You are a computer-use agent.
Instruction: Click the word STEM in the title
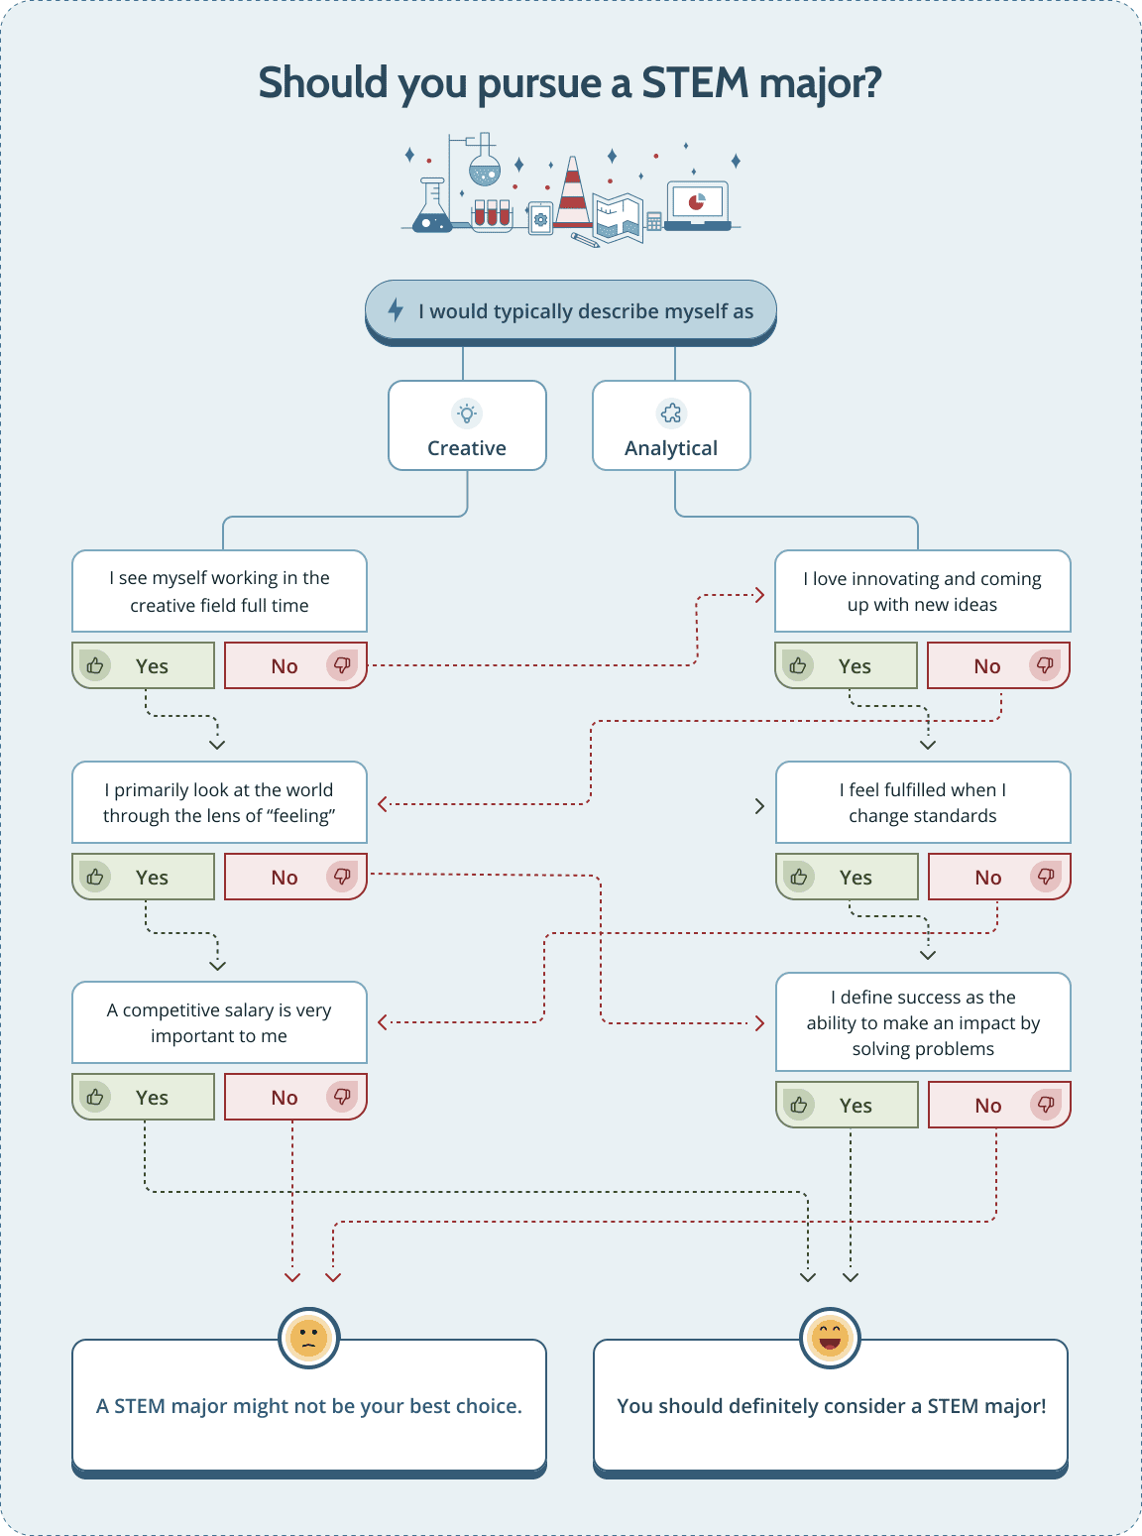[694, 83]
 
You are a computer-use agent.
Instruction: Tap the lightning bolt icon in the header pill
[396, 310]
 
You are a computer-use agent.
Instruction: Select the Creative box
[467, 425]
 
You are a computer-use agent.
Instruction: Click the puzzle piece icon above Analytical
[671, 413]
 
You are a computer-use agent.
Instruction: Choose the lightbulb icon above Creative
[467, 413]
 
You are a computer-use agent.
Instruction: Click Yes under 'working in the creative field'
[144, 665]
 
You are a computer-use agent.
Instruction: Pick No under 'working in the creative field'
[295, 665]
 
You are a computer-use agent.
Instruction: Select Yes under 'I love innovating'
[846, 665]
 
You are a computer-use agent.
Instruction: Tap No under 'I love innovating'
[998, 665]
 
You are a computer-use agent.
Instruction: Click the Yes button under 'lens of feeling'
[144, 877]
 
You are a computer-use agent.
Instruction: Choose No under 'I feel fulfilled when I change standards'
[999, 877]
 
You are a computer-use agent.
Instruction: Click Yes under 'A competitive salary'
[144, 1097]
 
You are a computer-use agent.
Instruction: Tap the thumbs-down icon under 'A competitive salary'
[342, 1097]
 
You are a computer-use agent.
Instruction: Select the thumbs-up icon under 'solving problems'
[799, 1105]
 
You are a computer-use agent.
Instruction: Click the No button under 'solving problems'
[999, 1105]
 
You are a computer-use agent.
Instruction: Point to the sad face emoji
[309, 1338]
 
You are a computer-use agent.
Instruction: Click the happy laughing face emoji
[830, 1338]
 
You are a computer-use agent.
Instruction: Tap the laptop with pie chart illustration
[698, 204]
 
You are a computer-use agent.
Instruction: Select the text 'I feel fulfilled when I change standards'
[923, 802]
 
